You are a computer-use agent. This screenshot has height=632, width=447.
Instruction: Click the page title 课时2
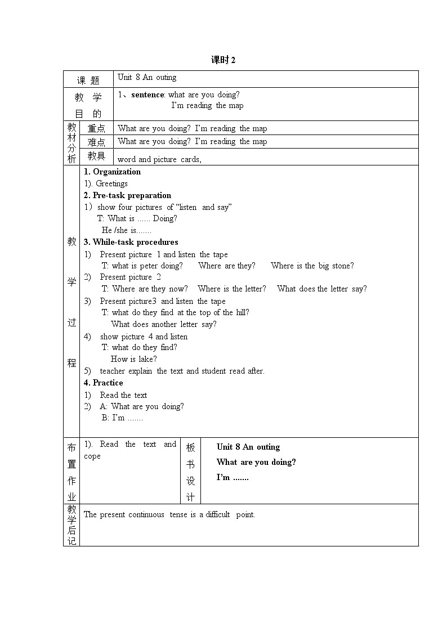(223, 60)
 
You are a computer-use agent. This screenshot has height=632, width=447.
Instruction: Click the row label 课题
(88, 80)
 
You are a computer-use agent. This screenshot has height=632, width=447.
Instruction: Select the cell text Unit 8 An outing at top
(147, 78)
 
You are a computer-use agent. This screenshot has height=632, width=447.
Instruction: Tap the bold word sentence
(147, 95)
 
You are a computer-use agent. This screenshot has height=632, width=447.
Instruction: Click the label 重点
(96, 128)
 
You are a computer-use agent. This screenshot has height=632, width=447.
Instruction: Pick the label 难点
(96, 142)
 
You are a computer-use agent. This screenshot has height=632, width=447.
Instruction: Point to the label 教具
(96, 156)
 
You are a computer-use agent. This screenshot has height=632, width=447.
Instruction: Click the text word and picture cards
(159, 159)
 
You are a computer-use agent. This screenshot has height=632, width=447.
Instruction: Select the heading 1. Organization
(112, 172)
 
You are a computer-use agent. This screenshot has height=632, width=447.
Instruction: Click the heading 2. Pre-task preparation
(127, 195)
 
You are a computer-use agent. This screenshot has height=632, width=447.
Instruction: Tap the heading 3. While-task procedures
(131, 242)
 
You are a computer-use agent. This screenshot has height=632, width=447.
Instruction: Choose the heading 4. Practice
(103, 383)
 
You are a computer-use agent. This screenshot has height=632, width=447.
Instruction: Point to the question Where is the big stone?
(312, 266)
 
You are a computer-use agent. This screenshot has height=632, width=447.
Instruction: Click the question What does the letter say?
(321, 289)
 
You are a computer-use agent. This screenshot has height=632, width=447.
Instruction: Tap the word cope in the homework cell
(92, 456)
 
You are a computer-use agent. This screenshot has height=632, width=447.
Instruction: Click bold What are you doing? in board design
(256, 462)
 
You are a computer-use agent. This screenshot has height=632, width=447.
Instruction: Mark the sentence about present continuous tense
(169, 514)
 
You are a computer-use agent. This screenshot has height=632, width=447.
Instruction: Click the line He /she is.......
(127, 230)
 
